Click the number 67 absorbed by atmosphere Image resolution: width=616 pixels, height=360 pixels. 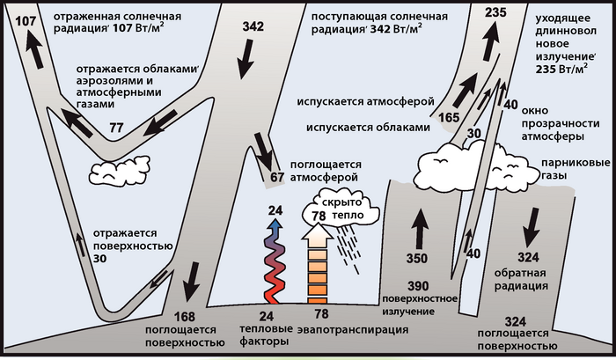coord(278,178)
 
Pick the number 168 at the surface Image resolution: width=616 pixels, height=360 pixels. coord(185,318)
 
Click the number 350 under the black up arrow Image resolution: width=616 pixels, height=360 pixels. coord(417,260)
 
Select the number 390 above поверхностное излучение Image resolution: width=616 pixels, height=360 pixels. coord(417,287)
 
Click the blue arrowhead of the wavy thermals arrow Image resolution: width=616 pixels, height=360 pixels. coord(277,225)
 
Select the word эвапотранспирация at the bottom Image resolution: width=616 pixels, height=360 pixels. coord(352,330)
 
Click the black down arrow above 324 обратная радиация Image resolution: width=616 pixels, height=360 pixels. coord(532,231)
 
